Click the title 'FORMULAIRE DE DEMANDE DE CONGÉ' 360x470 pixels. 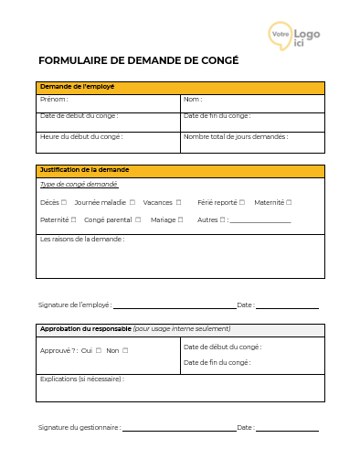coord(138,60)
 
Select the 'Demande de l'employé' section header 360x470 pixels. coord(77,87)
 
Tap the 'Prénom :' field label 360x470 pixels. coord(54,99)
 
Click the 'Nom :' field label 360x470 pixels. coord(193,99)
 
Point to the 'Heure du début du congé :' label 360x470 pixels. coord(81,136)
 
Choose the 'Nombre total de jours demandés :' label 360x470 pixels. coord(235,136)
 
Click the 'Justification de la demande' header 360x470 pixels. coord(85,170)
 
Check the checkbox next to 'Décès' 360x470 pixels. coord(64,202)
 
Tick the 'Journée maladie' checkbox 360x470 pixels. coord(132,202)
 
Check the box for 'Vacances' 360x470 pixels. coord(179,202)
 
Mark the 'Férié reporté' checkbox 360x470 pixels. coord(244,202)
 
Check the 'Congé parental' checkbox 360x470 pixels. coord(138,219)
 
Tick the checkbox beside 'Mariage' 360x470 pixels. coord(181,219)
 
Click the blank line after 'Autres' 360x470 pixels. coord(260,221)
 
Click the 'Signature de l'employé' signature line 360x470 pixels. coord(174,307)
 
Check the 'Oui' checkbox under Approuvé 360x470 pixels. coord(99,350)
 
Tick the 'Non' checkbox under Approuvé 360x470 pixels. coord(125,350)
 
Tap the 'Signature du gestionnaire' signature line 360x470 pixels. coord(179,430)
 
